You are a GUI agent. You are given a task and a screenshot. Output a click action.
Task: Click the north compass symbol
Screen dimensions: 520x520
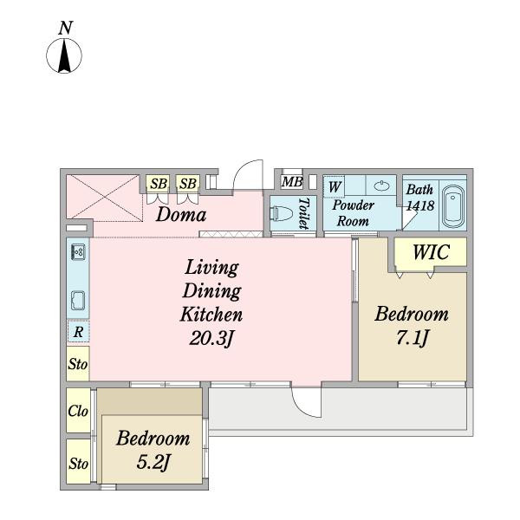tap(64, 55)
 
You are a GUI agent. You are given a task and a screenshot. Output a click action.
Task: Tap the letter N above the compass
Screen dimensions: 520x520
tap(65, 28)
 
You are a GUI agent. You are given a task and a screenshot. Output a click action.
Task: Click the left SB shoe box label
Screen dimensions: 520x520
tap(159, 184)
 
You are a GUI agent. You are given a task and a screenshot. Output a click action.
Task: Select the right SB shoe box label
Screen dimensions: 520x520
tap(188, 184)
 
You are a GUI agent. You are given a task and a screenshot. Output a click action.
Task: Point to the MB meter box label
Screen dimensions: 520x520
tap(292, 182)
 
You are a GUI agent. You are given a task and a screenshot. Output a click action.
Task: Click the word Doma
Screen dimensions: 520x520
tap(181, 215)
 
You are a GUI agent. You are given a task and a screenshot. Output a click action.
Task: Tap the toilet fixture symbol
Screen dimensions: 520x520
tap(281, 213)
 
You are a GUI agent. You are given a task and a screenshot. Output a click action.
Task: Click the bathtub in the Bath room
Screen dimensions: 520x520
tap(453, 206)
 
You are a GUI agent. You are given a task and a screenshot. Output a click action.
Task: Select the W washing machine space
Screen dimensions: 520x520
tap(334, 186)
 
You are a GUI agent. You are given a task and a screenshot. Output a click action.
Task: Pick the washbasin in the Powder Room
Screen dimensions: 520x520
tap(381, 186)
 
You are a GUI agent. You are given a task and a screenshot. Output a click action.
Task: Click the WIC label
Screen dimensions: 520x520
tap(431, 252)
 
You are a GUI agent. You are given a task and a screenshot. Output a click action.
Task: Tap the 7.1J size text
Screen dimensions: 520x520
tap(413, 338)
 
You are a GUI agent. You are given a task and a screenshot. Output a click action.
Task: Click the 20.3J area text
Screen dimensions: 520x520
tap(211, 339)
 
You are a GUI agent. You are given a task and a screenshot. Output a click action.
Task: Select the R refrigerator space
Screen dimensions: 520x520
tap(78, 331)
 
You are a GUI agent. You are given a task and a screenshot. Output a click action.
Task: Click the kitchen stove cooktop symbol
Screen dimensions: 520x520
tap(78, 252)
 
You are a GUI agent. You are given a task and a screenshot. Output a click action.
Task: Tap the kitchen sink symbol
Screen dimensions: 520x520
tap(78, 301)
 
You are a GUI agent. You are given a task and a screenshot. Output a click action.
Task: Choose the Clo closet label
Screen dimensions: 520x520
tap(78, 411)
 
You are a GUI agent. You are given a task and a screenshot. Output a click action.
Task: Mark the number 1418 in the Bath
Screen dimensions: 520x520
tap(420, 205)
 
